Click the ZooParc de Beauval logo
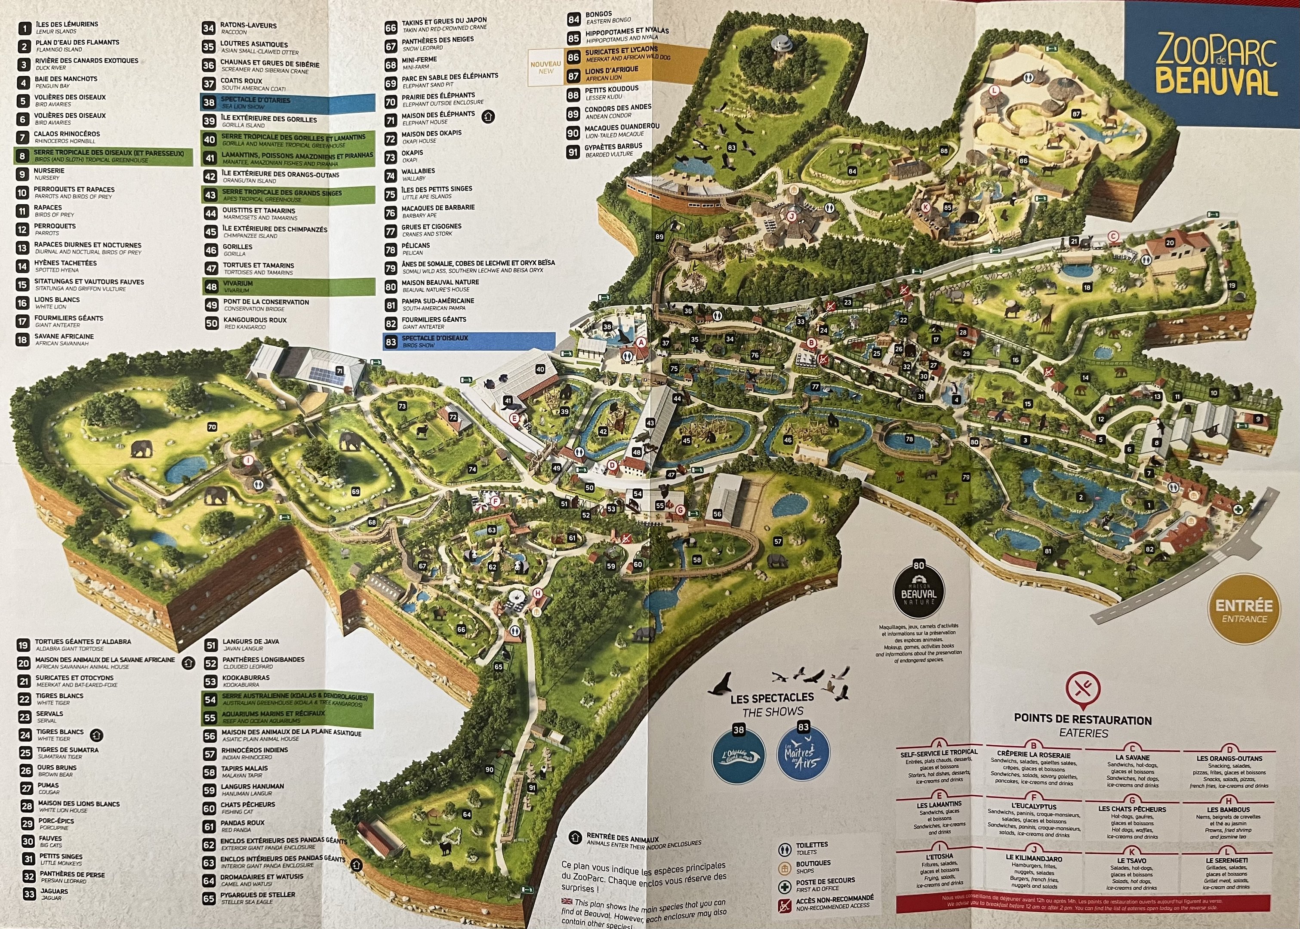click(x=1215, y=65)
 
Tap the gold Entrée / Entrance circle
click(x=1244, y=610)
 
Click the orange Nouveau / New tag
click(x=546, y=68)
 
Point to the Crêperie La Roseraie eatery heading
click(x=1033, y=754)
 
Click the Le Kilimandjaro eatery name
click(x=1034, y=858)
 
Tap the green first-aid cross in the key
click(x=785, y=887)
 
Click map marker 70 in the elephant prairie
click(x=212, y=427)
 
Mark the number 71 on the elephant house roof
click(x=339, y=371)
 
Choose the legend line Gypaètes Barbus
click(x=613, y=146)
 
